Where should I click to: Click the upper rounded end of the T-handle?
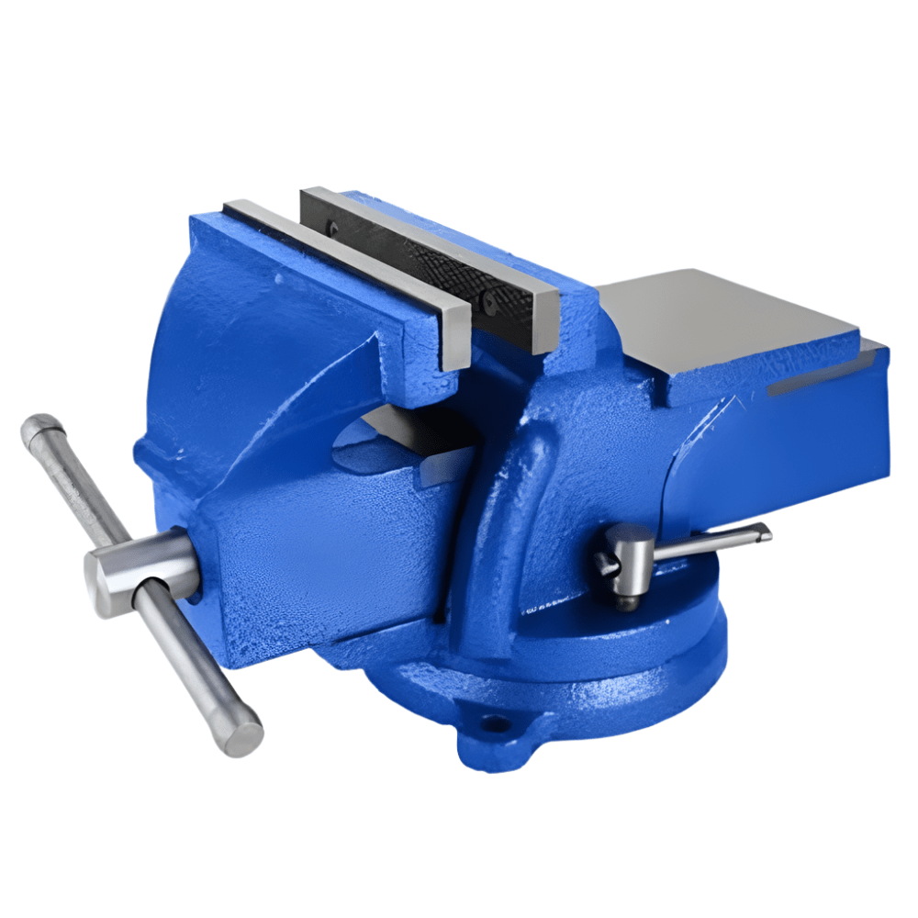point(41,428)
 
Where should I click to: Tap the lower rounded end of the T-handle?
point(244,735)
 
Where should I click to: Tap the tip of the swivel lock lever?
point(764,531)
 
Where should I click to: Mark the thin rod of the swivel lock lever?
point(707,543)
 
